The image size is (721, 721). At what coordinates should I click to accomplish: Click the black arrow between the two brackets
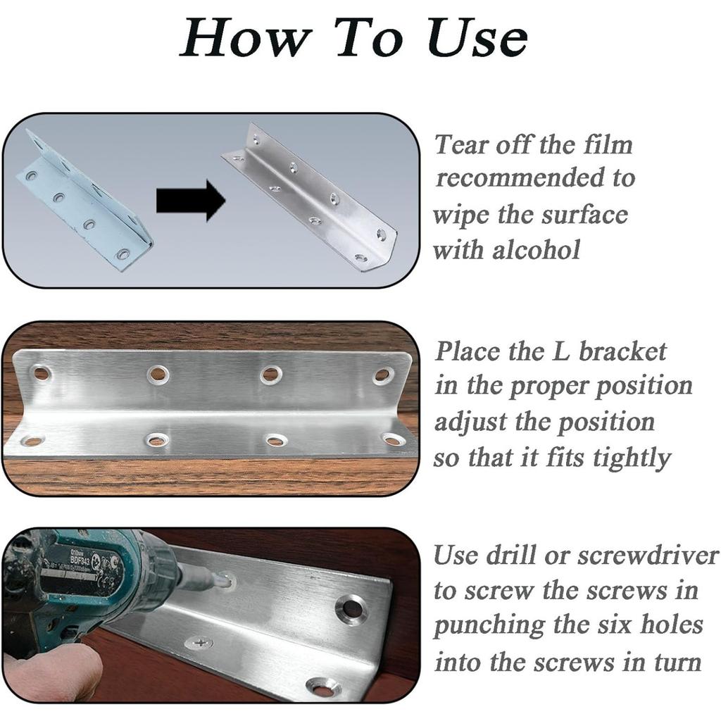click(x=191, y=201)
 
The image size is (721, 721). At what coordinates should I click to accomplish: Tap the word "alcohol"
click(x=536, y=250)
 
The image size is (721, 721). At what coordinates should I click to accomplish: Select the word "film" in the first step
click(x=608, y=145)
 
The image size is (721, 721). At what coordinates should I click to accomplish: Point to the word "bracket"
click(x=622, y=351)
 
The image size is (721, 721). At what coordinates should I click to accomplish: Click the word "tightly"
click(x=632, y=459)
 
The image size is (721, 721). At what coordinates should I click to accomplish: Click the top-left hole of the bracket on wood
click(x=40, y=373)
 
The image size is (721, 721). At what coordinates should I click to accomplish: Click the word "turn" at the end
click(x=677, y=663)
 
